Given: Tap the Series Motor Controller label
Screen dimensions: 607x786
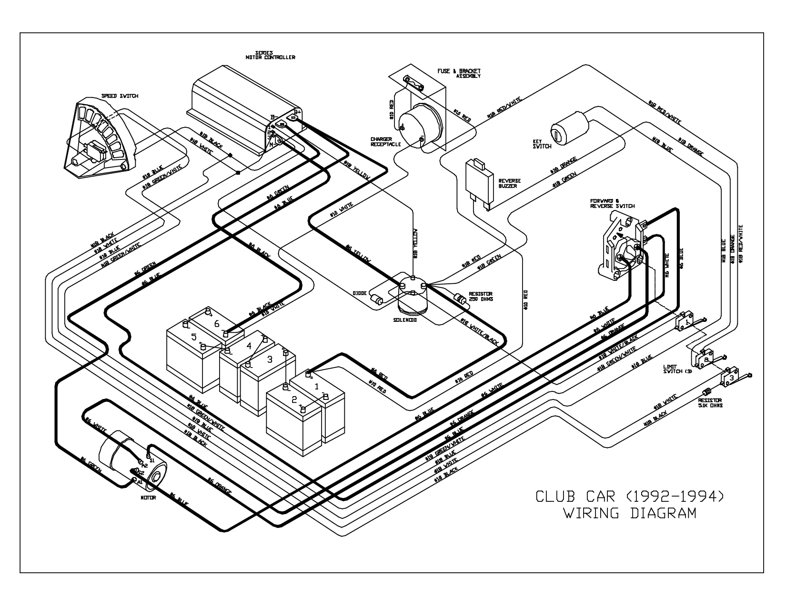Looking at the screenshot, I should (270, 55).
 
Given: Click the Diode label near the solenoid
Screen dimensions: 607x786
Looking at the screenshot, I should (360, 294).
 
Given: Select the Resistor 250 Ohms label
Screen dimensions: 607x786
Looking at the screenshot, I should (480, 297).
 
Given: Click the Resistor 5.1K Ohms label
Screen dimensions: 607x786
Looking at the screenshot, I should (710, 403).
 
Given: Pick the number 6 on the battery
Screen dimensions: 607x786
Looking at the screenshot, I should (217, 323).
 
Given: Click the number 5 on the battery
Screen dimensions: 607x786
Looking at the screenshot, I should (193, 337).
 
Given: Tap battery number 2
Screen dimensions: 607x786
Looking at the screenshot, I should (294, 399).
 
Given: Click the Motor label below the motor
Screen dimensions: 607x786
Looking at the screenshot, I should (148, 498).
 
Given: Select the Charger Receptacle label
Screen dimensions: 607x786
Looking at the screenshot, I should (386, 141).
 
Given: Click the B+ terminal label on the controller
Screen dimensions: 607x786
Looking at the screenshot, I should (297, 112).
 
